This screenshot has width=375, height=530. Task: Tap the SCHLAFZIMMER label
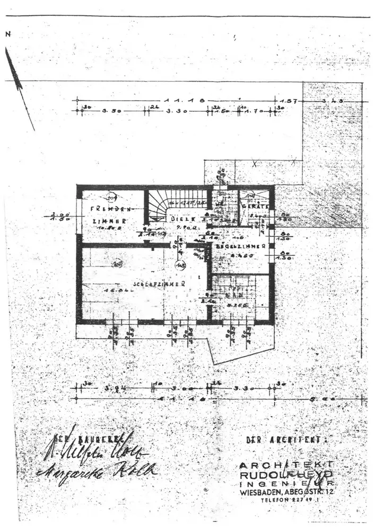pyautogui.click(x=159, y=284)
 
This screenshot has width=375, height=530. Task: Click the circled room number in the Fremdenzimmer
pyautogui.click(x=112, y=197)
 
